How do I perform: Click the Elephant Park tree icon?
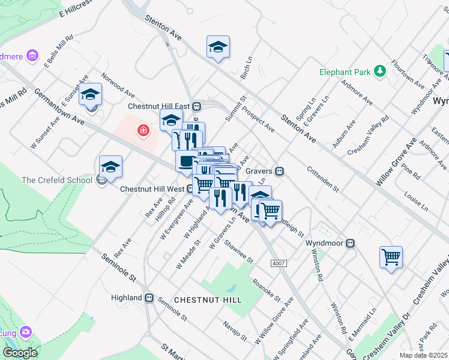379,72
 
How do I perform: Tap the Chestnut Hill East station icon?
196,106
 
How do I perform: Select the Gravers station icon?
279,171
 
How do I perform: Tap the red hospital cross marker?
143,130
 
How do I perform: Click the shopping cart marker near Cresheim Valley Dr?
391,257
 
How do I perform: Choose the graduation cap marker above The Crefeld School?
110,166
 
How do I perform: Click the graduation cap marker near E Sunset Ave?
91,94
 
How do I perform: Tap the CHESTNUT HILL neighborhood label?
208,299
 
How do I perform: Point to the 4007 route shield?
279,263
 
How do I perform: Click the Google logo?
20,353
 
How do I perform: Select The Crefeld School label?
57,180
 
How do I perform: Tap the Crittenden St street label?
324,178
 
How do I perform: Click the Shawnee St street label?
239,251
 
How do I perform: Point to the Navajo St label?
235,332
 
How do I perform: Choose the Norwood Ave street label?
118,86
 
